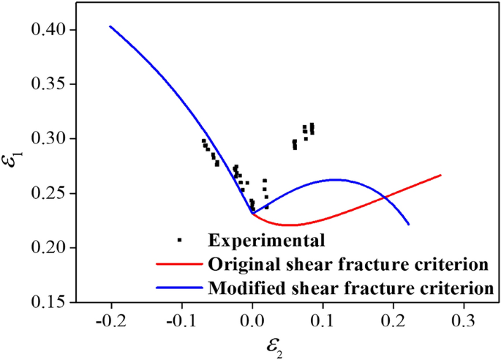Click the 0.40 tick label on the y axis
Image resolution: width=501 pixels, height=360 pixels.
(48, 29)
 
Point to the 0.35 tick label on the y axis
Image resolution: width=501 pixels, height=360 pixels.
(48, 84)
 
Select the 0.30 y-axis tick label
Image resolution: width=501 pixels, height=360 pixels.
(48, 138)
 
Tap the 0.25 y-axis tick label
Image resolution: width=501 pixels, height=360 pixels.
(48, 193)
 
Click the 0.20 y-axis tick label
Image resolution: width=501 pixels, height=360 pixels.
(48, 248)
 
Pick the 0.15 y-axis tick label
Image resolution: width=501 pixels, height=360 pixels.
(48, 302)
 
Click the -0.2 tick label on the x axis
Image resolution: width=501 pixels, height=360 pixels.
(109, 319)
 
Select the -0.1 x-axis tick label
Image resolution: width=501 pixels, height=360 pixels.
(179, 319)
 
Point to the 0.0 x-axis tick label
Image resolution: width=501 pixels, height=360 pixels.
(252, 319)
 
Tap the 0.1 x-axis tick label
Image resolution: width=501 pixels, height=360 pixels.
(323, 319)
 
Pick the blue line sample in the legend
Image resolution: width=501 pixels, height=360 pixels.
(180, 288)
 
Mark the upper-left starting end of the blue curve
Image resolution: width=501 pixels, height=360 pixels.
(110, 26)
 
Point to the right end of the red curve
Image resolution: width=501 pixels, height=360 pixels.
(441, 175)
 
